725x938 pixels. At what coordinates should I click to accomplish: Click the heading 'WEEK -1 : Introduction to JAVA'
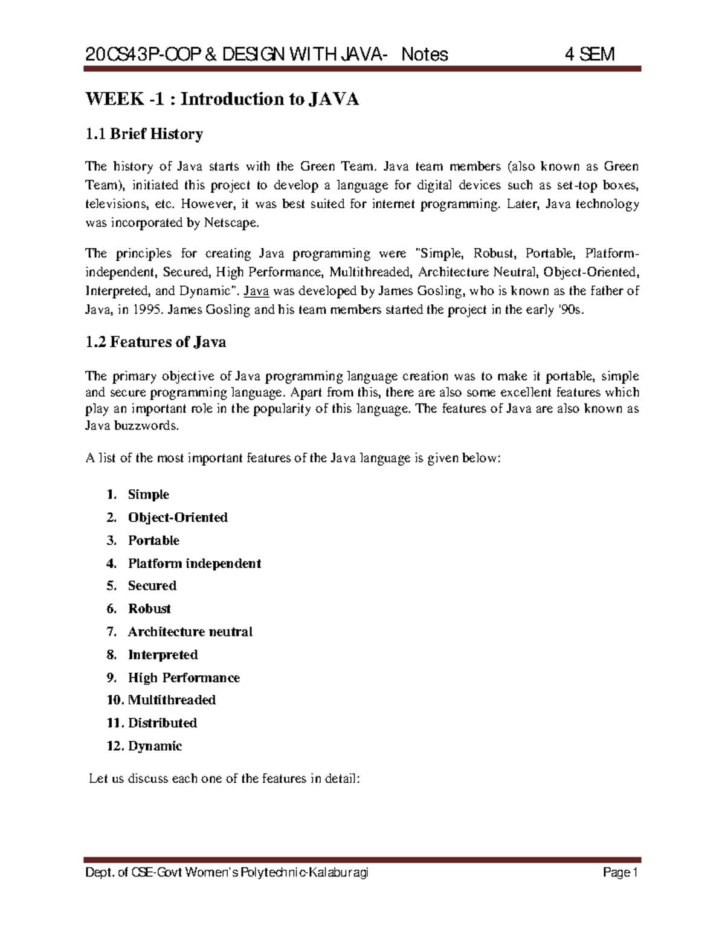click(222, 99)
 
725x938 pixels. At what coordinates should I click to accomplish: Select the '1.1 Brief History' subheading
click(144, 133)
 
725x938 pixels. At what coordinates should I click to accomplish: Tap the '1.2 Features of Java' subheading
click(156, 342)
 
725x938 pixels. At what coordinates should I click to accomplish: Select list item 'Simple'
click(148, 495)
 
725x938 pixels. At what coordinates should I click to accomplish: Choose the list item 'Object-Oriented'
click(178, 518)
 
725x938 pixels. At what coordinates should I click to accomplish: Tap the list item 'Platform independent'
click(194, 564)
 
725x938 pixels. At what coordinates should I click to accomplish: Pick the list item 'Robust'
click(149, 609)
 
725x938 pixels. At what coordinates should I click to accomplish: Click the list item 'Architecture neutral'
click(190, 632)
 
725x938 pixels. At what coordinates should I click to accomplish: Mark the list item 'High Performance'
click(184, 678)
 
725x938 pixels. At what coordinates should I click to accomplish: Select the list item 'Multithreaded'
click(172, 700)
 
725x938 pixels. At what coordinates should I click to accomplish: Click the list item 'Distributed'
click(162, 723)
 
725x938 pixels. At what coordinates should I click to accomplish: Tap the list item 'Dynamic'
click(155, 746)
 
